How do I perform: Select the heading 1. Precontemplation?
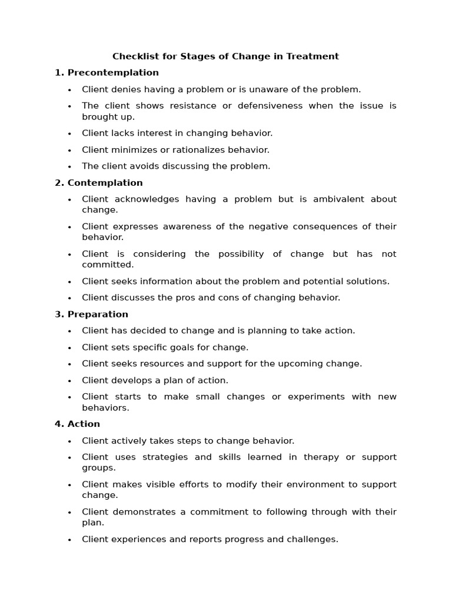coord(107,73)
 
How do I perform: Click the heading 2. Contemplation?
coord(99,183)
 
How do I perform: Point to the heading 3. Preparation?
coord(91,315)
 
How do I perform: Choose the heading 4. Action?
coord(77,424)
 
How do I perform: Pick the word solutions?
coord(368,282)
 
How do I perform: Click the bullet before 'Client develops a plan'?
coord(69,381)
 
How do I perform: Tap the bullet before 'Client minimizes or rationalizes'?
coord(69,150)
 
